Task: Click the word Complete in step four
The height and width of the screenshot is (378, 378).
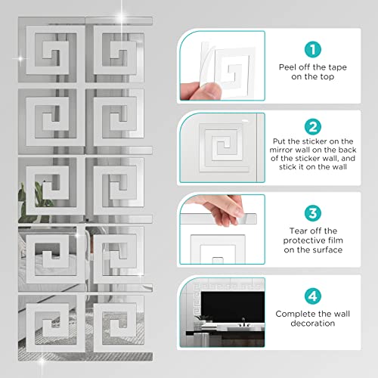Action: tap(296, 313)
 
